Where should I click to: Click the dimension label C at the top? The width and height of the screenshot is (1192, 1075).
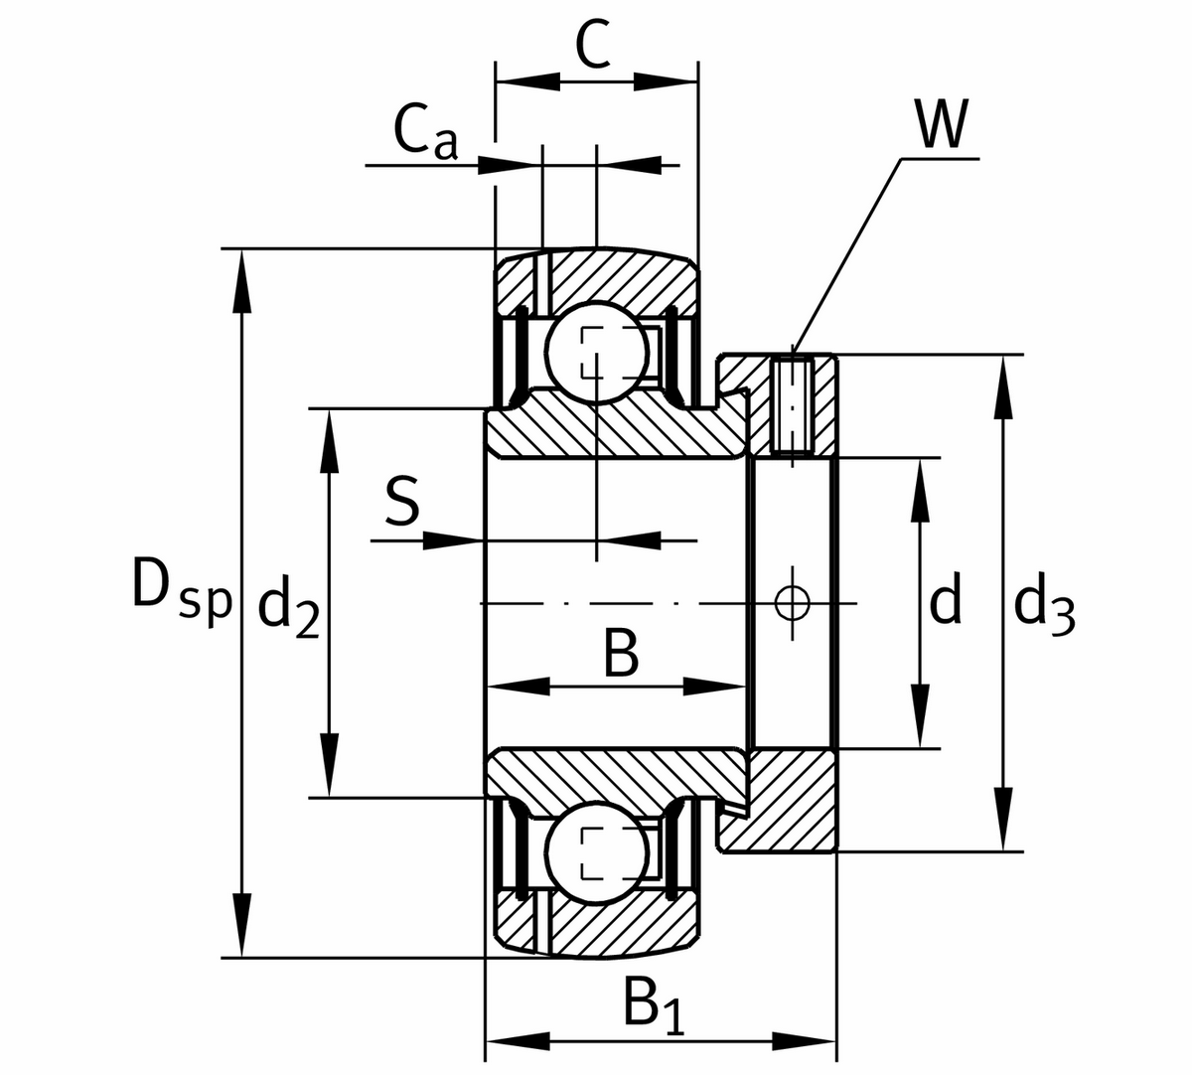point(593,45)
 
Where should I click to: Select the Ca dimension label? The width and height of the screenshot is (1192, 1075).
point(426,135)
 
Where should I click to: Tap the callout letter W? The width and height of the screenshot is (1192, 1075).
point(940,125)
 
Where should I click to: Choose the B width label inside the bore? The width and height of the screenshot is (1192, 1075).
point(620,655)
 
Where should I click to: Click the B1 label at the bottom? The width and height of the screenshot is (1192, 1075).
point(655,1005)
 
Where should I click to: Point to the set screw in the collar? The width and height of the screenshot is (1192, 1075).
point(792,404)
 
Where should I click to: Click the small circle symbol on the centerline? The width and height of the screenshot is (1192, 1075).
point(792,602)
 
